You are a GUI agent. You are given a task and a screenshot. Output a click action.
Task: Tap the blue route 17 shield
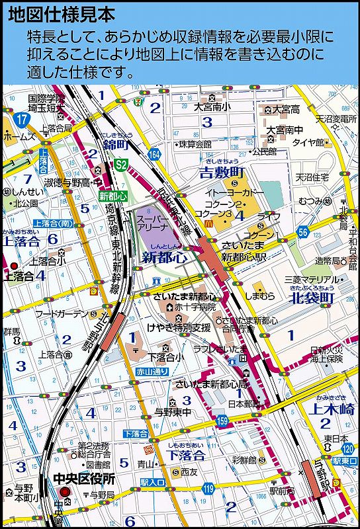coord(23,120)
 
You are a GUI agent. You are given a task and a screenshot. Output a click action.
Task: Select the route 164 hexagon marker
coord(154,153)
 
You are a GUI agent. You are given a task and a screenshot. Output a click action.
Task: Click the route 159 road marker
coord(222,421)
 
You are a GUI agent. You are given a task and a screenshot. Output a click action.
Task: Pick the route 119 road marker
coord(209,489)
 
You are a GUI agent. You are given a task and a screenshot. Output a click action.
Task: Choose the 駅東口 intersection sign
coord(345,460)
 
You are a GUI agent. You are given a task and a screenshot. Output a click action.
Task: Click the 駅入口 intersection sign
coord(152,483)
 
